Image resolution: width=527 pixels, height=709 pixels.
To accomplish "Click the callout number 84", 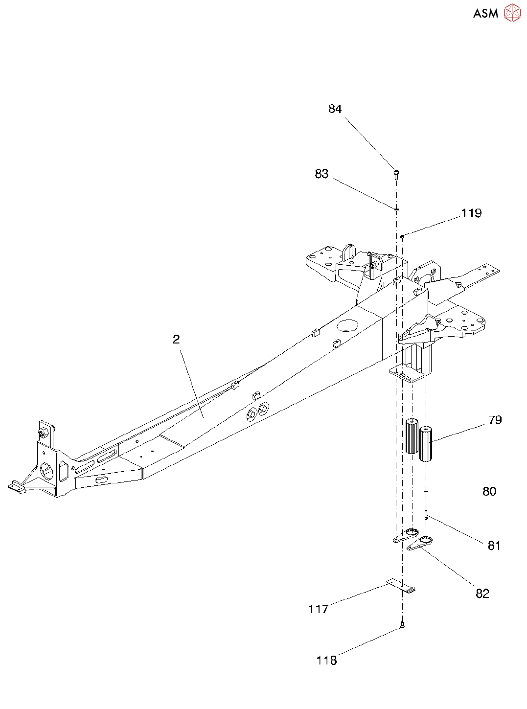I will tap(335, 109).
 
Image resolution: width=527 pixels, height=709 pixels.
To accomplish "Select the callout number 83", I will tap(321, 174).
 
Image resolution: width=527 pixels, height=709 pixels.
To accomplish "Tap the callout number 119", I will tap(471, 213).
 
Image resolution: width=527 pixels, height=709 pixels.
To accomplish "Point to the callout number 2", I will tap(176, 339).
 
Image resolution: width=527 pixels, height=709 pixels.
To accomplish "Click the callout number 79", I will tap(495, 420).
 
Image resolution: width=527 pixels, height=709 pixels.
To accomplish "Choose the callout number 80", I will tap(489, 492).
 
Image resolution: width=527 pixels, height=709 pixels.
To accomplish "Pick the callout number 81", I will tap(494, 546).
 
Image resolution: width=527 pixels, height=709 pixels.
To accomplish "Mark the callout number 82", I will tap(482, 594).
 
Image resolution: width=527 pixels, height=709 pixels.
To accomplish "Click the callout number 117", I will tap(318, 609).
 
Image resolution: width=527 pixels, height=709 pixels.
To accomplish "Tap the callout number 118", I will tap(326, 661).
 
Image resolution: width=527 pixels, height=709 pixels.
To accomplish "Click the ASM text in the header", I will tap(485, 14).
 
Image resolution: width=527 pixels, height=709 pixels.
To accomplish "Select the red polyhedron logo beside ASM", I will tap(512, 13).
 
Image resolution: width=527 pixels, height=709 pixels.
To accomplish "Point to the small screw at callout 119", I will tap(402, 236).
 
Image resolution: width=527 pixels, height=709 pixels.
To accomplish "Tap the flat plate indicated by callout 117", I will tap(401, 586).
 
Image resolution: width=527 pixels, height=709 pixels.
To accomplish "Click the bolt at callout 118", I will tap(402, 625).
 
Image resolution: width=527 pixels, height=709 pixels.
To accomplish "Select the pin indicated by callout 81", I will tap(426, 514).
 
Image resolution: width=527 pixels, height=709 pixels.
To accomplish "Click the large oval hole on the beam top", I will tap(347, 325).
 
